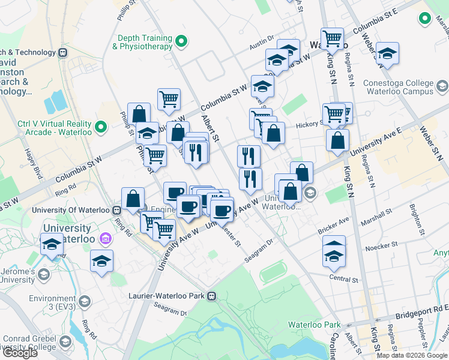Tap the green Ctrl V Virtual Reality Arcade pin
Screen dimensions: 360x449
[x=101, y=127]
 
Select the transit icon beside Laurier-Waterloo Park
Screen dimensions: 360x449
[x=211, y=296]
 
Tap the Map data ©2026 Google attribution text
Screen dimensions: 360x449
[x=412, y=355]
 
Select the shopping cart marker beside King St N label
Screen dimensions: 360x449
[x=332, y=38]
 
